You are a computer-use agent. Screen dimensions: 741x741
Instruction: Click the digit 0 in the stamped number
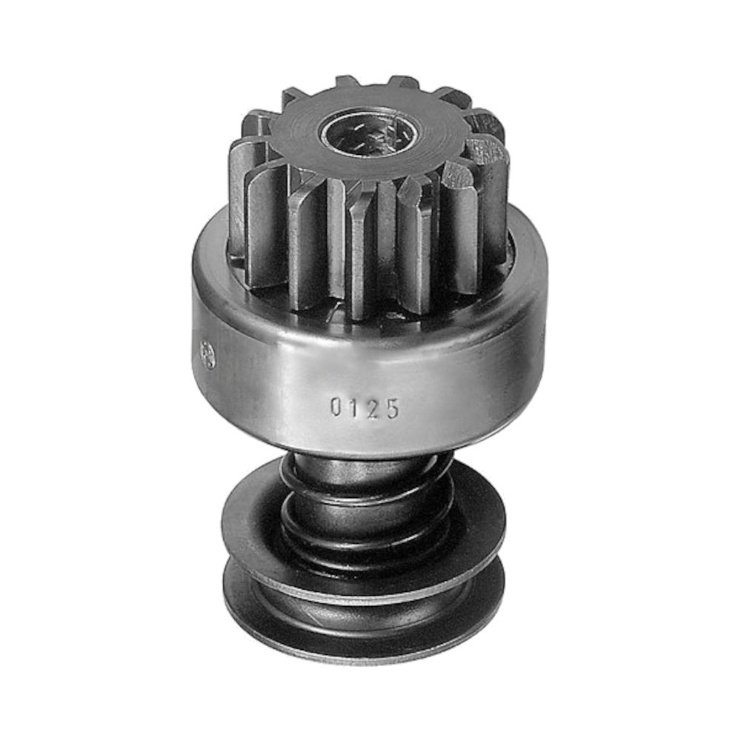336,407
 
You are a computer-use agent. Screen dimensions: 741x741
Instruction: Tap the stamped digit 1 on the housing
354,407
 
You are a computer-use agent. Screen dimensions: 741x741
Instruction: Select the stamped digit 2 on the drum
373,408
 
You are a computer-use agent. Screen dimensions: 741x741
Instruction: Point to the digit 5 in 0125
392,408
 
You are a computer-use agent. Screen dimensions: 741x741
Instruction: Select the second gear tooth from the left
265,222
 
